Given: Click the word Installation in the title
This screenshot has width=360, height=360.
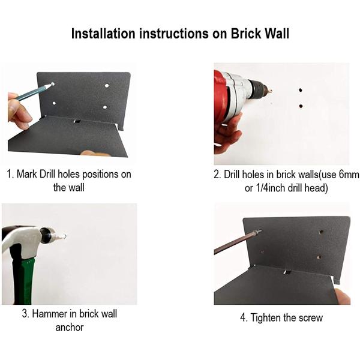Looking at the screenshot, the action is point(103,34).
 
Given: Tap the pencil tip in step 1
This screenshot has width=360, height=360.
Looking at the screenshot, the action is point(52,85).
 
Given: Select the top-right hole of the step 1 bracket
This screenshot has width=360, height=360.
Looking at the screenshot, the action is point(107,86).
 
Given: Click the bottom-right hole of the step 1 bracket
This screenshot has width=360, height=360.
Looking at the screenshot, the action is point(105,107).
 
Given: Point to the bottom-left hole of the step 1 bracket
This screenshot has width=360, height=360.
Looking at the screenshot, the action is point(54,103).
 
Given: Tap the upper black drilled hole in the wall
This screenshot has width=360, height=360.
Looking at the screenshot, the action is point(301,90).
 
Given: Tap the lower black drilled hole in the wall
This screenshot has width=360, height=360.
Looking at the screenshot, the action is point(301,106).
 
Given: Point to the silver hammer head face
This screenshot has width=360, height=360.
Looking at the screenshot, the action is point(46,235).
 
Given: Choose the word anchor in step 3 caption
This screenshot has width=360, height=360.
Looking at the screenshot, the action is point(70,328).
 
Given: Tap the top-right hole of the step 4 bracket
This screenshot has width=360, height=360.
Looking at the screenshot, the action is point(322,232).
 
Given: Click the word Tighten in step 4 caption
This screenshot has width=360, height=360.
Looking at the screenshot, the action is point(265,318).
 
